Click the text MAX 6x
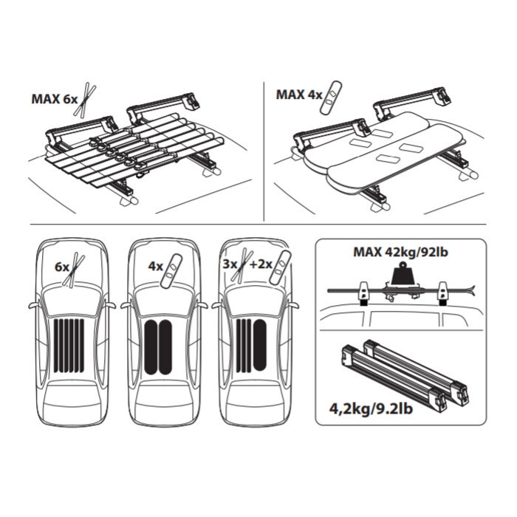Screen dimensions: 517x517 (55, 99)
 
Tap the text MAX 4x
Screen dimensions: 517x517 (298, 95)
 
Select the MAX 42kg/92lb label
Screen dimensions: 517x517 (400, 253)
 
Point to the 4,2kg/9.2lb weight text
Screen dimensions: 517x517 (371, 409)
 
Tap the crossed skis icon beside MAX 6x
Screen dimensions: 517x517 (85, 100)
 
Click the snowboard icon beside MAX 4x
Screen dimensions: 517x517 (331, 97)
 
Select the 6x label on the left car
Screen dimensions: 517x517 (61, 267)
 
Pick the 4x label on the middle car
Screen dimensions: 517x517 (156, 266)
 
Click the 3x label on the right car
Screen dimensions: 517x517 (230, 264)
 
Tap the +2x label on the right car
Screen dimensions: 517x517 (260, 264)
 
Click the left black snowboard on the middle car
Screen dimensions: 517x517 (151, 347)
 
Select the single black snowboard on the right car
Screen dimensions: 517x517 (260, 345)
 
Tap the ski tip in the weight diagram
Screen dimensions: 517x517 (472, 290)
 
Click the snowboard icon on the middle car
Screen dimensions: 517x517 (171, 270)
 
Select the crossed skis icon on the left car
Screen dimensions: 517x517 (74, 270)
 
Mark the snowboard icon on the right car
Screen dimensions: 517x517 (280, 267)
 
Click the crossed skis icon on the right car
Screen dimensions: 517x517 (242, 265)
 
